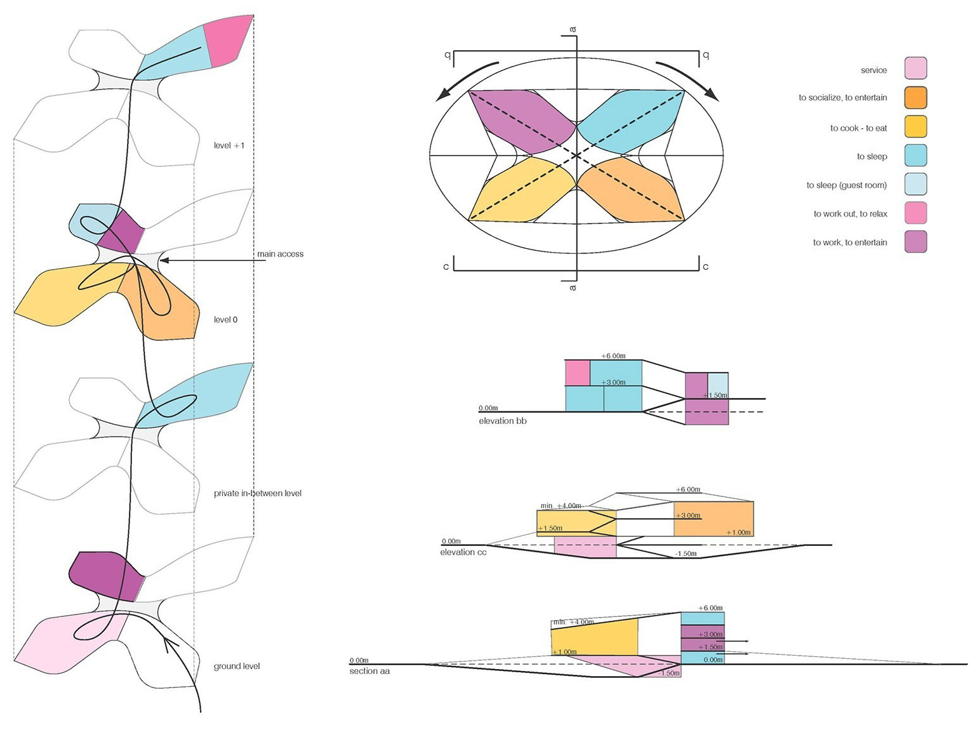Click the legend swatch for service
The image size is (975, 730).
pyautogui.click(x=915, y=68)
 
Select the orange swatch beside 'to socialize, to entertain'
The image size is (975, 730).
pyautogui.click(x=915, y=97)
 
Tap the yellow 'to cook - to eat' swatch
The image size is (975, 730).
pyautogui.click(x=915, y=126)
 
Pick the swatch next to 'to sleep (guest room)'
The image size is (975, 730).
pyautogui.click(x=915, y=184)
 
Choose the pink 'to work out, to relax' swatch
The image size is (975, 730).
pyautogui.click(x=915, y=213)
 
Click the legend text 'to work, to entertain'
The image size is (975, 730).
pyautogui.click(x=850, y=242)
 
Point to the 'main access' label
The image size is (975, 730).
pyautogui.click(x=281, y=254)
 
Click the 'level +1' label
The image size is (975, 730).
pyautogui.click(x=229, y=145)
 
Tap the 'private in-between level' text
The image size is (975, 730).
pyautogui.click(x=258, y=493)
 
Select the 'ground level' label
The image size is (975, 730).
pyautogui.click(x=237, y=666)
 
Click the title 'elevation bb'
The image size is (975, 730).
pyautogui.click(x=502, y=421)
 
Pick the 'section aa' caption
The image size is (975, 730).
pyautogui.click(x=369, y=671)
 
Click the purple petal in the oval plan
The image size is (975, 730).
pyautogui.click(x=520, y=121)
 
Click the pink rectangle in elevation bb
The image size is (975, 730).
pyautogui.click(x=578, y=373)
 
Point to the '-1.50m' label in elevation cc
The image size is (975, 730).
pyautogui.click(x=686, y=554)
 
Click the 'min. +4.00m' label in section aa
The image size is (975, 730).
pyautogui.click(x=573, y=622)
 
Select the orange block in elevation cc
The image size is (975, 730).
pyautogui.click(x=713, y=519)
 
